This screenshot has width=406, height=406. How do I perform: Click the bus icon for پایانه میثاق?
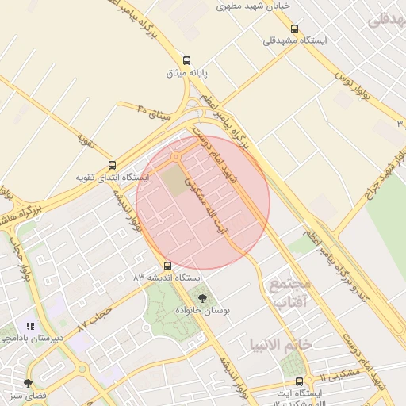pyautogui.click(x=186, y=60)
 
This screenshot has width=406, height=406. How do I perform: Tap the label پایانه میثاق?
pyautogui.click(x=186, y=73)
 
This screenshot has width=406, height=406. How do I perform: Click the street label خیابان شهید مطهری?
pyautogui.click(x=254, y=5)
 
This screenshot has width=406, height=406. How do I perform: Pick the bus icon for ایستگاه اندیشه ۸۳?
pyautogui.click(x=167, y=266)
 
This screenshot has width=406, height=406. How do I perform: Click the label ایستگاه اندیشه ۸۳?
pyautogui.click(x=167, y=278)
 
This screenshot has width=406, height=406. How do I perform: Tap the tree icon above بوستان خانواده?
pyautogui.click(x=202, y=299)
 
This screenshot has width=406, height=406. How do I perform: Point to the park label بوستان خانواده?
pyautogui.click(x=202, y=312)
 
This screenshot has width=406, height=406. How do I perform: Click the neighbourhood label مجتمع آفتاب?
pyautogui.click(x=290, y=293)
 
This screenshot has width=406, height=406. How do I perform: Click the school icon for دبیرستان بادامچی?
pyautogui.click(x=30, y=326)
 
